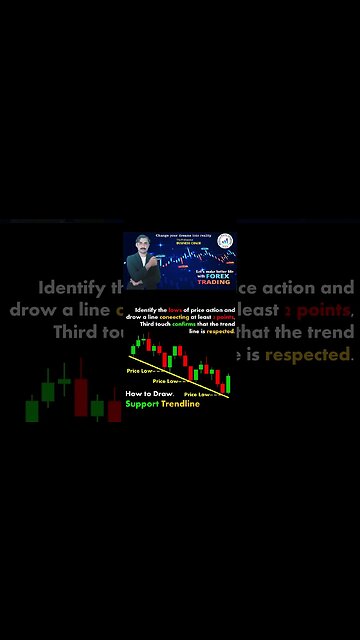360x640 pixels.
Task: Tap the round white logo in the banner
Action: [224, 241]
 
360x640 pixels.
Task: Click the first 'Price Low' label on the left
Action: [140, 371]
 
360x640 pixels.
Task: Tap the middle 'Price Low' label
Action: [166, 381]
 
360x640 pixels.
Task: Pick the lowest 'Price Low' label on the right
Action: [198, 395]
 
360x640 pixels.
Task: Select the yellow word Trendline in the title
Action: [180, 404]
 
